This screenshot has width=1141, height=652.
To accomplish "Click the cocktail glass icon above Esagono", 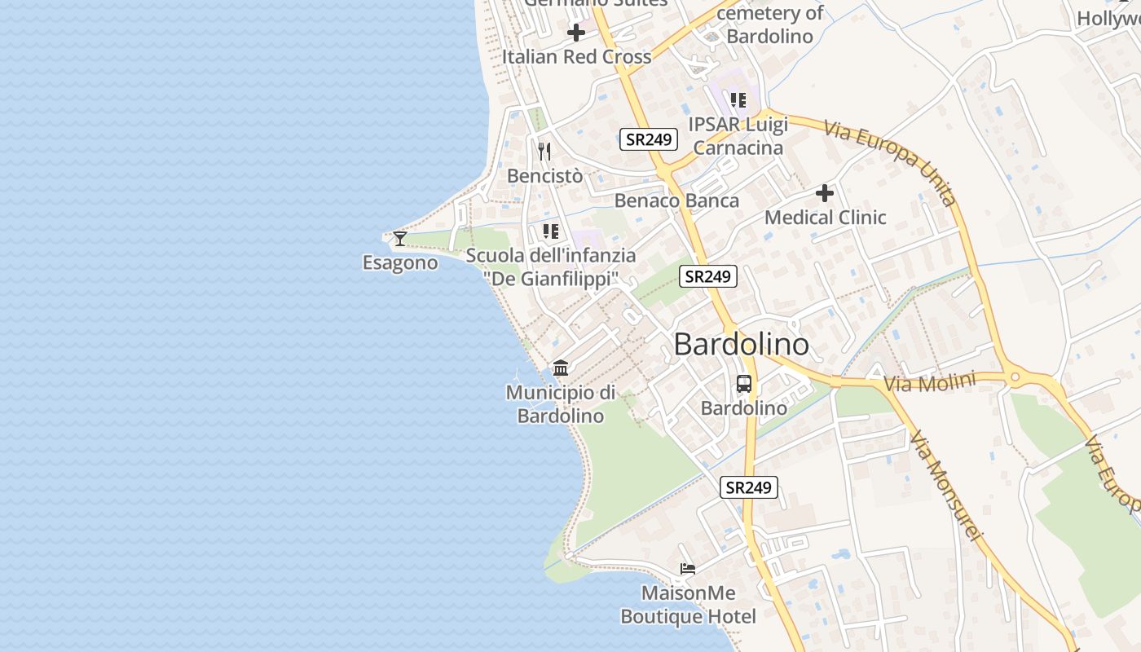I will pos(399,238).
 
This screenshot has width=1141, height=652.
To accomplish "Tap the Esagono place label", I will pos(400,263).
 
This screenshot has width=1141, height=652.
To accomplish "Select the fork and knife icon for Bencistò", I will pos(544,151).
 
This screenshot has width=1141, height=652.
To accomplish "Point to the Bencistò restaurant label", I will pos(544,176).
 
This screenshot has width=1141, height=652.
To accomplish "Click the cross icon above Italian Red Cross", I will pos(576,33).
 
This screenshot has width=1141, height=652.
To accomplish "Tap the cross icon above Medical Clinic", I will pos(825,193).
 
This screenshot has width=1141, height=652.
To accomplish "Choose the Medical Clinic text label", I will pos(825,218).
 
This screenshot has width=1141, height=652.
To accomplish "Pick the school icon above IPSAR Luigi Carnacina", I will pos(738,100).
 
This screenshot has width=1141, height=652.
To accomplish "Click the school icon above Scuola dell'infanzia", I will pos(551,231).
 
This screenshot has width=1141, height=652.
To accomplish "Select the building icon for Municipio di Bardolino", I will pos(561,368).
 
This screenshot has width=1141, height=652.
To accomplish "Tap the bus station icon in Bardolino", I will pos(744,383).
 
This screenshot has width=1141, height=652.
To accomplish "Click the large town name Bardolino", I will pos(742,345).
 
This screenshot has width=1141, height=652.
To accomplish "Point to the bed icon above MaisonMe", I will pos(688,569).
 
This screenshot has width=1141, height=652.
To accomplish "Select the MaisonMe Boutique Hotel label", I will pos(688,605).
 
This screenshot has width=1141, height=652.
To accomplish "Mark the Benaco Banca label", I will pos(676,200).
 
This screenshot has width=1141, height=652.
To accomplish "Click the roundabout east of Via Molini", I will pos(1015,377).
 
